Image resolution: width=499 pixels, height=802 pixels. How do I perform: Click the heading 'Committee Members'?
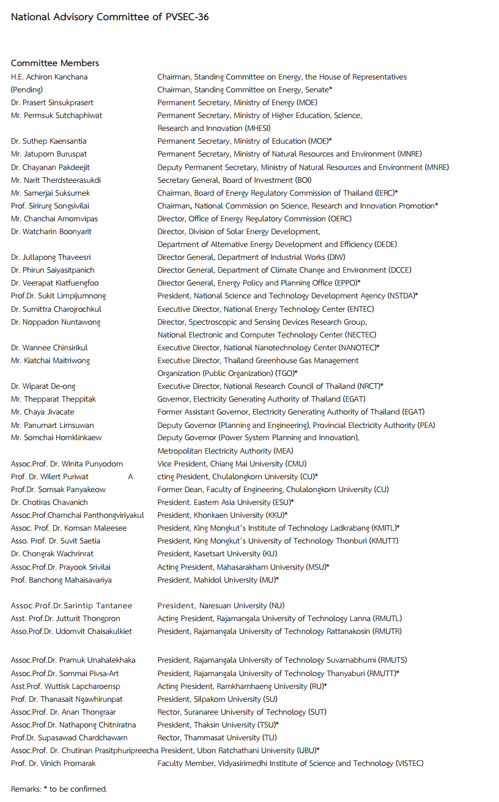click(x=55, y=63)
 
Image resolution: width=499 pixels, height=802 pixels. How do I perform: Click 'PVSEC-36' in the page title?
click(x=187, y=17)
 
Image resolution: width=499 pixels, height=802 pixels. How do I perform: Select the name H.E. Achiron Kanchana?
click(x=49, y=77)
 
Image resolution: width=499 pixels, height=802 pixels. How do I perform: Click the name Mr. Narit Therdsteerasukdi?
click(x=56, y=180)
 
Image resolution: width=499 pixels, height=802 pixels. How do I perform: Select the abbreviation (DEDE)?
click(x=385, y=245)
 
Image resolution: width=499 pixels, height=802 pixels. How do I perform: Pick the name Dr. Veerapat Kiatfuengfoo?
click(x=54, y=283)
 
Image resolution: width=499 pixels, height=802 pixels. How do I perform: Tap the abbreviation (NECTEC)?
click(x=360, y=335)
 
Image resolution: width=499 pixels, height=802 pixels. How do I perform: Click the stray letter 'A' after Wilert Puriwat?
click(x=130, y=477)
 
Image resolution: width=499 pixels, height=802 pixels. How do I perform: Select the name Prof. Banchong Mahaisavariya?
click(x=61, y=580)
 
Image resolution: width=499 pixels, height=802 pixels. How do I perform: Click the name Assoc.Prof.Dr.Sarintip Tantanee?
click(x=72, y=606)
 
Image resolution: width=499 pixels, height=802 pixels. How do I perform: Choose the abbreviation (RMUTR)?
click(x=387, y=631)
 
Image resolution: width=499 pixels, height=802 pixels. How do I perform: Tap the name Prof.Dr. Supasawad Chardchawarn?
click(x=69, y=738)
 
